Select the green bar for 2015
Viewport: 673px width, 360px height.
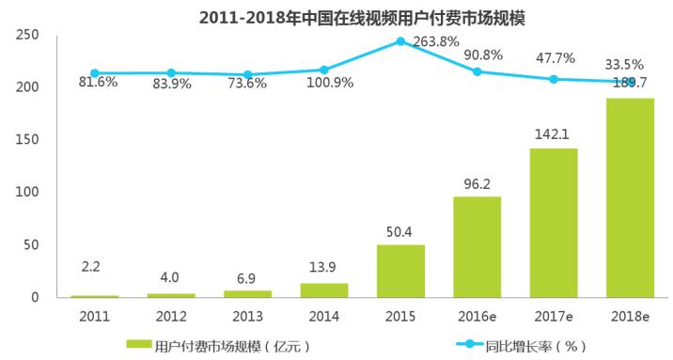(x=400, y=271)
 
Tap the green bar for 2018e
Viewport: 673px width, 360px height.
(x=630, y=197)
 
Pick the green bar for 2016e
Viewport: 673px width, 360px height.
(x=477, y=246)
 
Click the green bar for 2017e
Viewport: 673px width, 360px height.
(x=554, y=223)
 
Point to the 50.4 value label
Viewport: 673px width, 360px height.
(x=400, y=229)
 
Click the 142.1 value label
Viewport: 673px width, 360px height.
(x=554, y=133)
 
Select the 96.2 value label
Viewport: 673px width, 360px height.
(x=477, y=181)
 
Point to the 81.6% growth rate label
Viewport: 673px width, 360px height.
(x=95, y=82)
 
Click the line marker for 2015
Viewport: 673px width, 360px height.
(x=400, y=41)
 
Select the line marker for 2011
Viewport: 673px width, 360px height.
(x=95, y=72)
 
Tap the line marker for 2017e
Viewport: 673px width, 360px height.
(x=554, y=79)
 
